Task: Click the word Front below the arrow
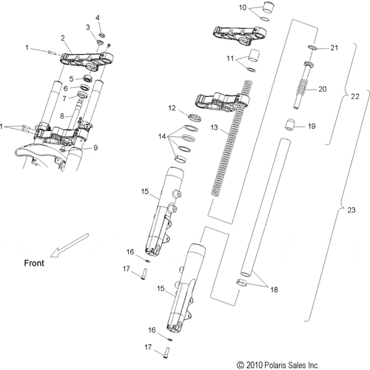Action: pos(33,262)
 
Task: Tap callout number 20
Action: pos(321,89)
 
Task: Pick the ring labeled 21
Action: pos(313,48)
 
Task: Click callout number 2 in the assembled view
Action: pos(63,37)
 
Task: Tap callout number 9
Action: pos(95,147)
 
